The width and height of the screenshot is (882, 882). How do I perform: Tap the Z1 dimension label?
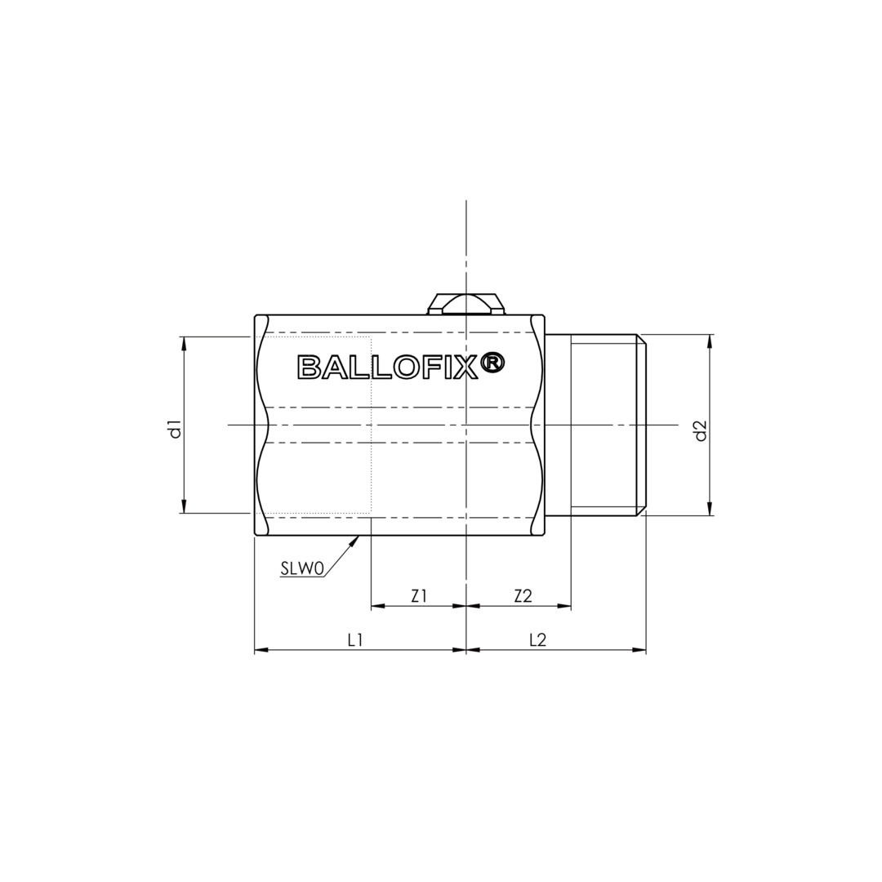[x=418, y=596]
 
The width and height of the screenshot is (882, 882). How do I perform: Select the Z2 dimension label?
[x=523, y=596]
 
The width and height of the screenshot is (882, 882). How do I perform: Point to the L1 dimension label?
[x=354, y=640]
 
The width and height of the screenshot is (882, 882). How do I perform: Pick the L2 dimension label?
[x=538, y=640]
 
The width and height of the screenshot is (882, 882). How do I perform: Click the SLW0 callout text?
[x=302, y=570]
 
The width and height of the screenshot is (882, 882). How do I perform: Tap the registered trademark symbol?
[x=493, y=363]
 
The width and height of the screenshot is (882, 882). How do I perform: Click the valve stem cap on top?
[x=465, y=304]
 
